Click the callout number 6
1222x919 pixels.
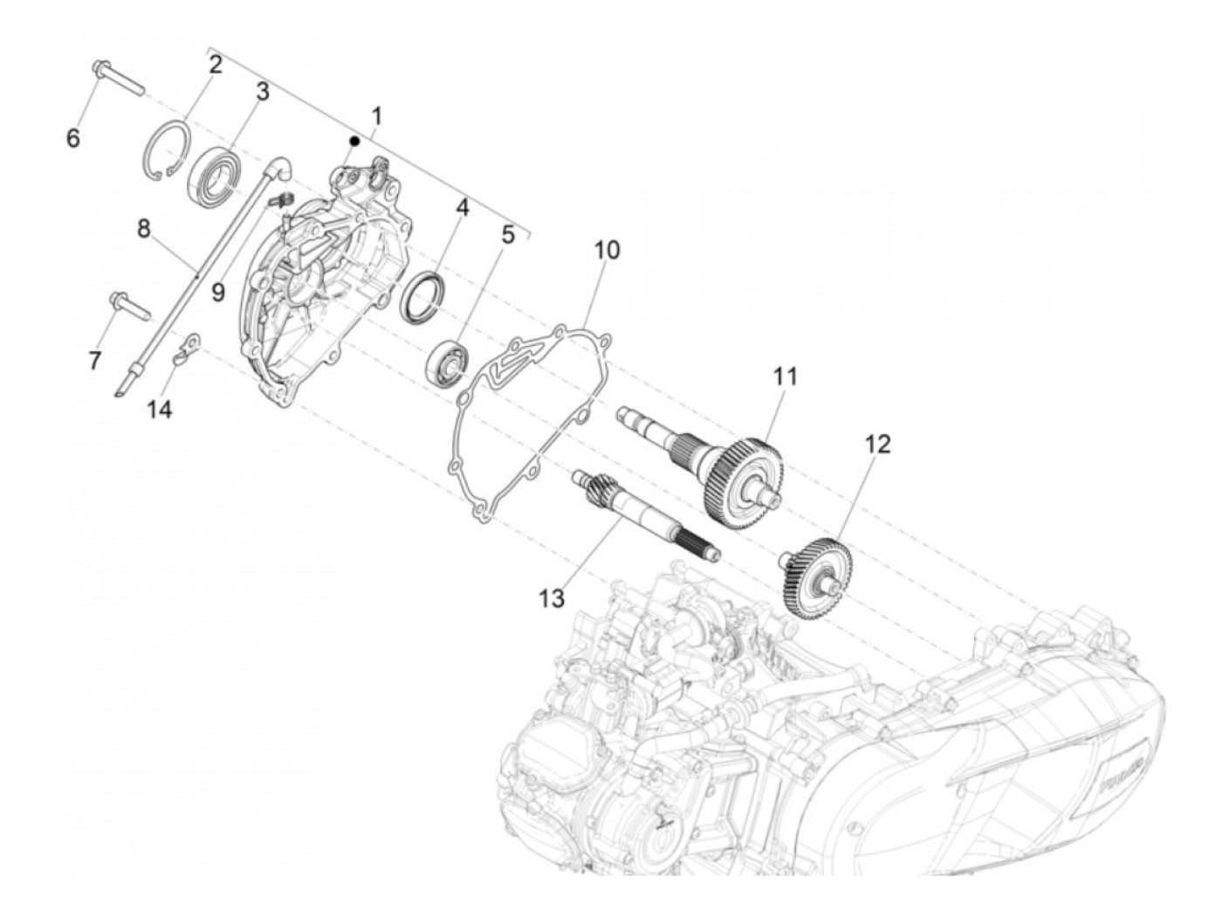point(73,137)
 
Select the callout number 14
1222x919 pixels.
point(159,409)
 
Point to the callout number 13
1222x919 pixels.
point(552,598)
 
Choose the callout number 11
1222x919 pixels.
point(785,377)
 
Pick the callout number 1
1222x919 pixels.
point(376,115)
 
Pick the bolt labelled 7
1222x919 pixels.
point(129,306)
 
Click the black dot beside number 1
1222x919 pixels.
point(354,140)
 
